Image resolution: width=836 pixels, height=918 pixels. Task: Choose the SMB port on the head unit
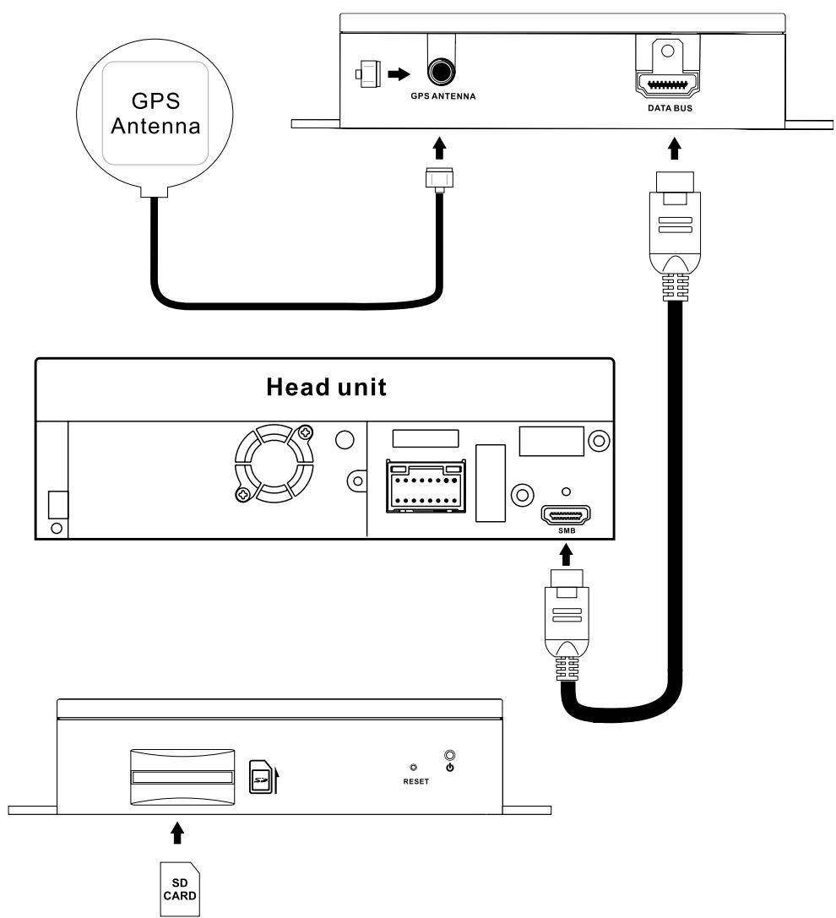565,515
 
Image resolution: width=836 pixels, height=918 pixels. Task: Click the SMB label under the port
565,532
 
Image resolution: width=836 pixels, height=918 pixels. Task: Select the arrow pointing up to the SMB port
565,555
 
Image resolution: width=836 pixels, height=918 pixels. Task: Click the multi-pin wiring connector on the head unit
427,487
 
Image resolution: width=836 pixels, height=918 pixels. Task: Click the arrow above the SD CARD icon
177,834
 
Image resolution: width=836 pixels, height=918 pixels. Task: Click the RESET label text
415,781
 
